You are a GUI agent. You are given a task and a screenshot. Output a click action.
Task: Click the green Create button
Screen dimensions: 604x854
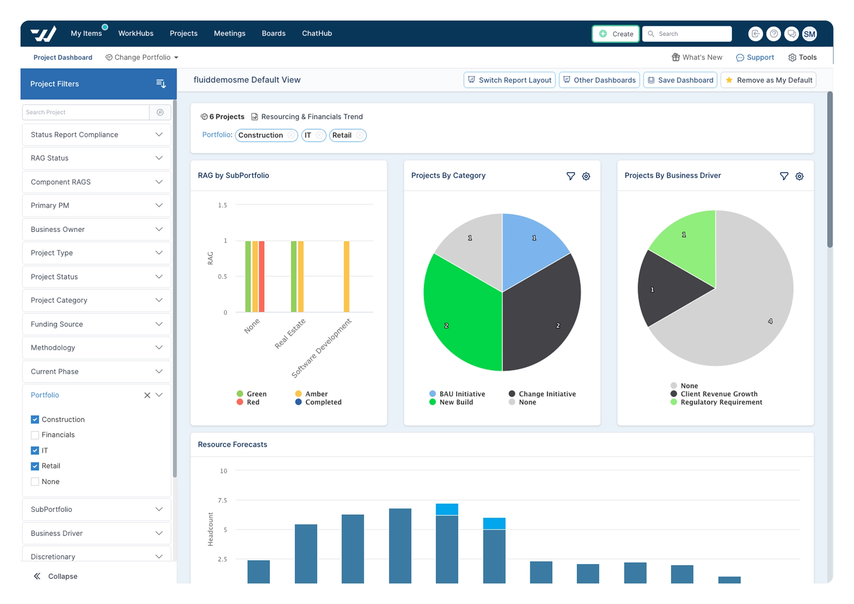click(x=615, y=34)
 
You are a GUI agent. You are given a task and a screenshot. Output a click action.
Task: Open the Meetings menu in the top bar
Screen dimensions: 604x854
click(x=229, y=33)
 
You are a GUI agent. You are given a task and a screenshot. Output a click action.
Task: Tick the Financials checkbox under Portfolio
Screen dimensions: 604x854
click(x=35, y=435)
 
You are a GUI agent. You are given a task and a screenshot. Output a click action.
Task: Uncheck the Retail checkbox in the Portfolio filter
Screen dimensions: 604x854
click(x=35, y=466)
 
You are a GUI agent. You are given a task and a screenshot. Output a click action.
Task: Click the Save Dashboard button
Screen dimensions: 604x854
click(x=680, y=80)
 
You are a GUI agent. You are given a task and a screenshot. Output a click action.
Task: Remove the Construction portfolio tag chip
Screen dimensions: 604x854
click(x=291, y=135)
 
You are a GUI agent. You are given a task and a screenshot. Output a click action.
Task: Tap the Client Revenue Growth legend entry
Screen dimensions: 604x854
click(x=718, y=394)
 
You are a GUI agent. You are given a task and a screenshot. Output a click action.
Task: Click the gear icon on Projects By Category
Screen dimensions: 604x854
click(x=586, y=176)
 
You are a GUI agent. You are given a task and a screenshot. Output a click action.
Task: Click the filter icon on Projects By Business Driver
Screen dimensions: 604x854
click(x=784, y=176)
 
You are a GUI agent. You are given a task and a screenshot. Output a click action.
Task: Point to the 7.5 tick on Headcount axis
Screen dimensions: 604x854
click(x=222, y=500)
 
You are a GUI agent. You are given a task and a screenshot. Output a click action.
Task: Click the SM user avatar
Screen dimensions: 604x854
click(x=809, y=34)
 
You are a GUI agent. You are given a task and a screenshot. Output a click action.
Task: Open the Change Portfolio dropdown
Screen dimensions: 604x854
click(x=142, y=57)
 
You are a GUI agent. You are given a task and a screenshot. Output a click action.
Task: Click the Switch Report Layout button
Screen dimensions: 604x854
click(x=509, y=80)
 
